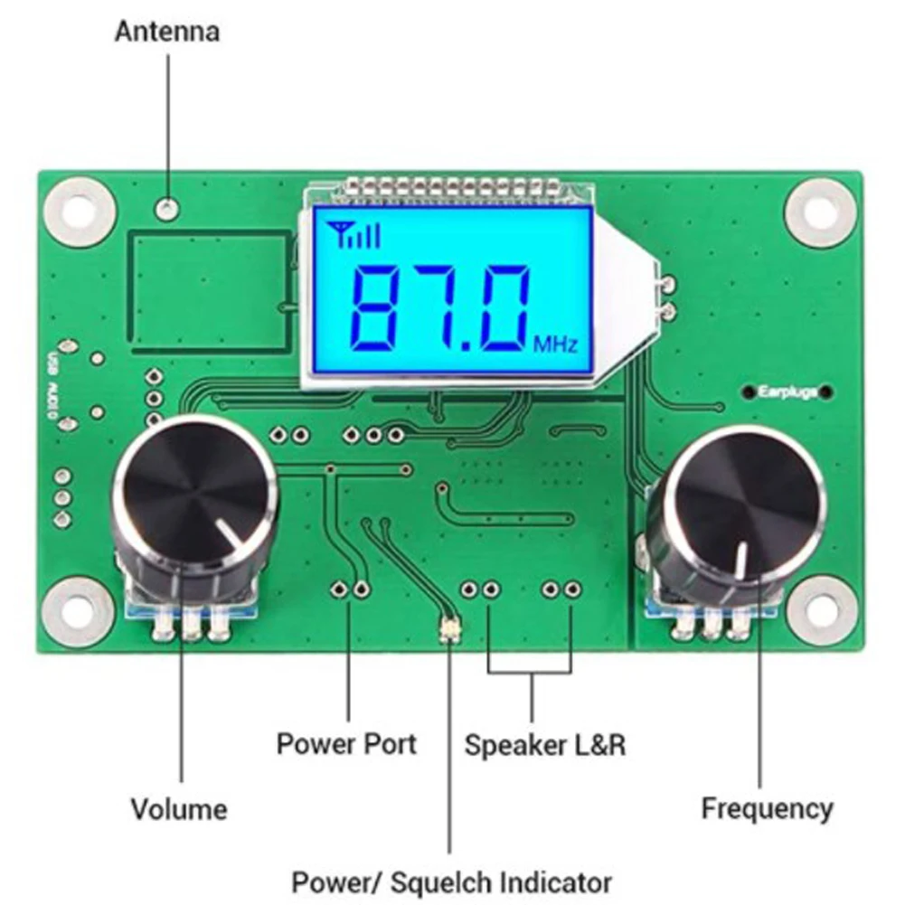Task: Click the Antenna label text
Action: [166, 32]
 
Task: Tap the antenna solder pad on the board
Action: [167, 208]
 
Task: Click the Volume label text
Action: [179, 807]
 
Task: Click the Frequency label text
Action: [767, 807]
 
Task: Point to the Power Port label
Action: [346, 744]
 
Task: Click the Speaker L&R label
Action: [544, 745]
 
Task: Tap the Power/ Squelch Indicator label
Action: [451, 881]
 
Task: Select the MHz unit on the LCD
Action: [555, 344]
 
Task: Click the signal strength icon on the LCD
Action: [355, 235]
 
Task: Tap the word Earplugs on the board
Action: [787, 392]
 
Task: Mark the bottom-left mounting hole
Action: [80, 611]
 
